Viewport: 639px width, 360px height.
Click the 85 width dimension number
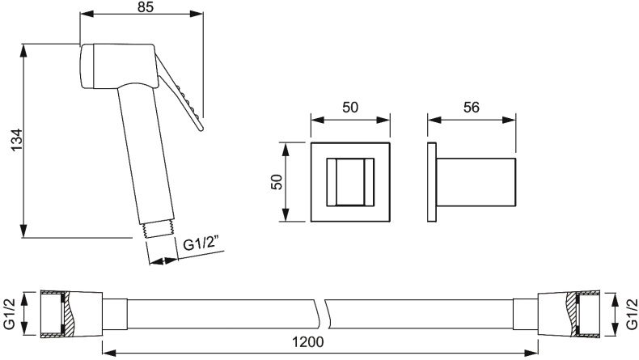coord(146,6)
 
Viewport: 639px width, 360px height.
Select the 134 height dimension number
coord(17,140)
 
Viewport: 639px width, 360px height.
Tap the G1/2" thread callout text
coord(201,244)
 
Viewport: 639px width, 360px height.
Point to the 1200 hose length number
coord(308,342)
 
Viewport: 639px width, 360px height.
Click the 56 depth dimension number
coord(472,108)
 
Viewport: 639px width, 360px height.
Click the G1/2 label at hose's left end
coord(9,314)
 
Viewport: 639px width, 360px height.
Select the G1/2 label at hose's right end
coord(631,314)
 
